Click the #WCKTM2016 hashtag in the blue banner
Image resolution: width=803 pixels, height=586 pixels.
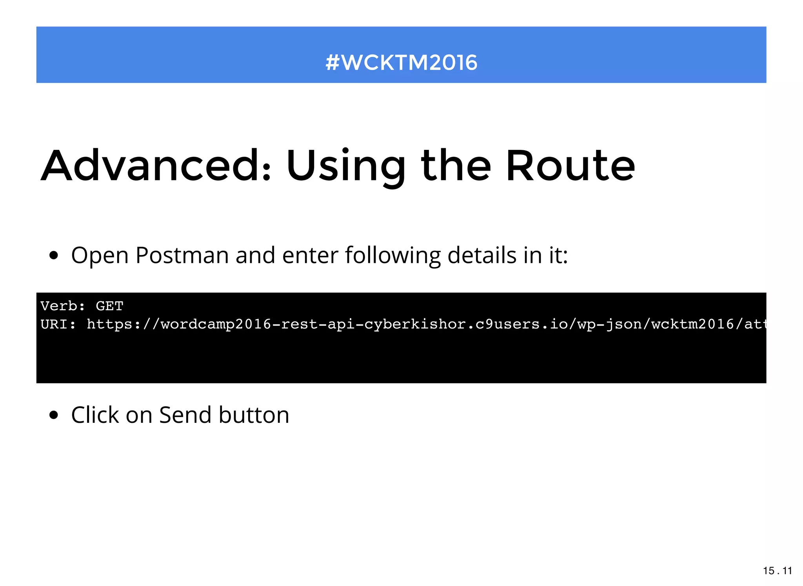click(x=401, y=62)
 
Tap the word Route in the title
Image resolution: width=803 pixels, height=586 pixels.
click(x=570, y=166)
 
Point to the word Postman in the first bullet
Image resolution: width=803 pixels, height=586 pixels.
click(x=182, y=255)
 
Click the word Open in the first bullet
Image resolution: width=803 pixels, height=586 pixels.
click(x=100, y=255)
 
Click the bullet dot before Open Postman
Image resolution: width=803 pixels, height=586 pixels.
click(x=54, y=256)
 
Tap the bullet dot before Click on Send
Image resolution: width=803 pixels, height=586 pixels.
click(x=54, y=415)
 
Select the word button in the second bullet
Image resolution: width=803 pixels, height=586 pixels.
click(x=254, y=415)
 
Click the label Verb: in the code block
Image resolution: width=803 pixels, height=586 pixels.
click(x=63, y=306)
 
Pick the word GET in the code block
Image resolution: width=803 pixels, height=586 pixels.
click(x=109, y=306)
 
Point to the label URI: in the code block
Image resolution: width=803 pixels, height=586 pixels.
click(x=58, y=324)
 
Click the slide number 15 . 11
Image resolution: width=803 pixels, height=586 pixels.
click(x=777, y=571)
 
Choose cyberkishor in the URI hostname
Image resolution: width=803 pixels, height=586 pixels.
click(x=415, y=324)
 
